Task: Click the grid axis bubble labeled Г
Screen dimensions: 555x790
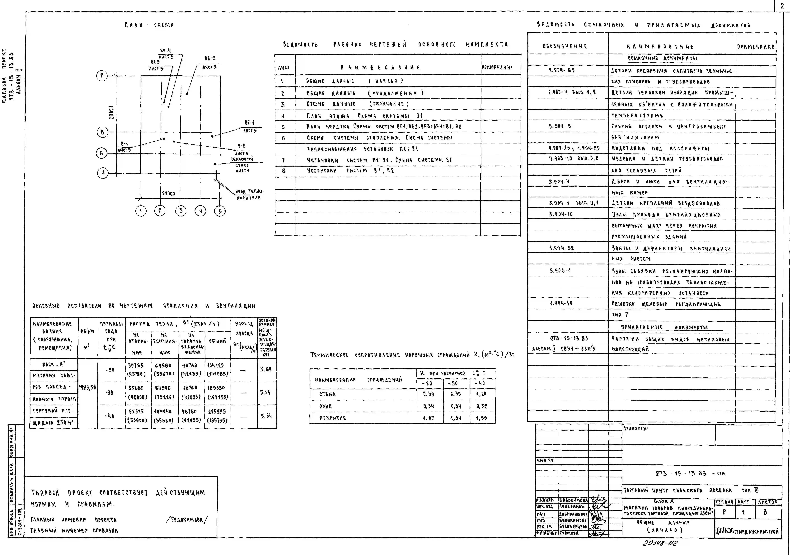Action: coord(102,76)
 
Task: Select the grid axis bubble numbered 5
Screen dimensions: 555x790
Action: coord(220,211)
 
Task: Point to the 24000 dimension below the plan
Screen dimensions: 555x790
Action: coord(169,193)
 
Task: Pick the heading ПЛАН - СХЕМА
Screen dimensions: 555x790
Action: coord(149,25)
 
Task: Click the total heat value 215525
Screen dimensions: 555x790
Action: coord(217,412)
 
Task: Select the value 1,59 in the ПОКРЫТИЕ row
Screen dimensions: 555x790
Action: coord(481,418)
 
